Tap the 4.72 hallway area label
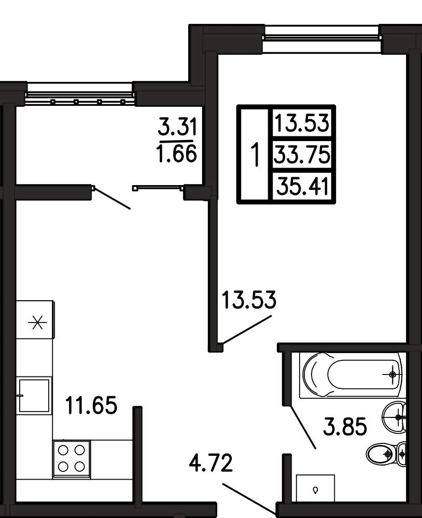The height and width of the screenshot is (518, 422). point(210,463)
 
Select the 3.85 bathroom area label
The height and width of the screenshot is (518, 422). point(345,426)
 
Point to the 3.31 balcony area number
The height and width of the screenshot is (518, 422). point(177,127)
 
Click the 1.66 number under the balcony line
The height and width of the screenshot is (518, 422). point(177,153)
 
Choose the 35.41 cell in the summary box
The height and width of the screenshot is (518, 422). point(303,186)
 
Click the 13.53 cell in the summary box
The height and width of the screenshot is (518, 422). point(302,122)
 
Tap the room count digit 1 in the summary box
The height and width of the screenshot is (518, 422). point(255,155)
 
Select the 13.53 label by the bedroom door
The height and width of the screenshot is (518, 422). point(249,300)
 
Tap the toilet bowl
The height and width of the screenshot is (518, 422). point(386,454)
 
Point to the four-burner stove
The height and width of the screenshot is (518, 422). point(72,458)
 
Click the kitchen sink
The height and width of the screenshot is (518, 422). point(34,396)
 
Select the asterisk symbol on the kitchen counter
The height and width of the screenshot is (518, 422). point(37,323)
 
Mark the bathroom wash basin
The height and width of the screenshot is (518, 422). point(394,416)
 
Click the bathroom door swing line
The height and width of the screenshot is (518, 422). point(303,427)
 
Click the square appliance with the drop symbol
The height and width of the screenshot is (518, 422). point(315,488)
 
